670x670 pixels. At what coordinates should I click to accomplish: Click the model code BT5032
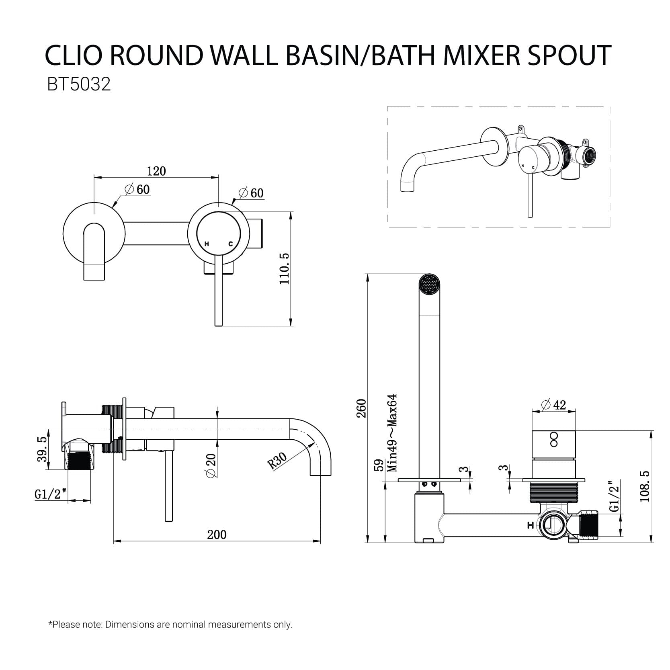tap(78, 85)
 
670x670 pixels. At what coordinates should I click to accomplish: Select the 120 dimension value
tap(156, 171)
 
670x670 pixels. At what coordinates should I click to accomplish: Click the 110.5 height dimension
tap(285, 268)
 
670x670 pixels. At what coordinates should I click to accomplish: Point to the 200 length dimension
tap(217, 535)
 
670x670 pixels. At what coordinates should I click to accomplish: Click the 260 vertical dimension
tap(361, 408)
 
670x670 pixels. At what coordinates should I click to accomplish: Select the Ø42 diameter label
tap(553, 405)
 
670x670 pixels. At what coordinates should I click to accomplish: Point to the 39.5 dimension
tap(42, 449)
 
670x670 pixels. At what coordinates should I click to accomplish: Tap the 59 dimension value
tap(378, 466)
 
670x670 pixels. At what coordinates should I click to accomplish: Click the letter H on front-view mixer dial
tap(207, 244)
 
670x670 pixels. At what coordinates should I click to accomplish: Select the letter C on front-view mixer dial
tap(231, 244)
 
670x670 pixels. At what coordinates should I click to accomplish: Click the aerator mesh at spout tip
tap(430, 285)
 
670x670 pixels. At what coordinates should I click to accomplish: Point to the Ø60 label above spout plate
tap(137, 190)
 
